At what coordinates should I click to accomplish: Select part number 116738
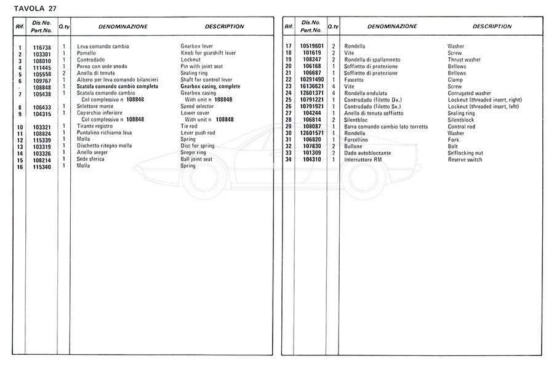(41, 47)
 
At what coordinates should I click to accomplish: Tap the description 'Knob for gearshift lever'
(208, 53)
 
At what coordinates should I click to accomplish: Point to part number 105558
(41, 74)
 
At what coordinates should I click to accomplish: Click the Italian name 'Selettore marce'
(95, 106)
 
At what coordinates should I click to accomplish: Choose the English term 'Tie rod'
(189, 127)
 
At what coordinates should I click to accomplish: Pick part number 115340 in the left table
(41, 166)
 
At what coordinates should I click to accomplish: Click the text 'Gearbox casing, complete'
(211, 87)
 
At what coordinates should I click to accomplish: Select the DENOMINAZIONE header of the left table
(122, 27)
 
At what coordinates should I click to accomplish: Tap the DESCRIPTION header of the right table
(492, 26)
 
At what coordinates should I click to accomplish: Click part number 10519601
(312, 47)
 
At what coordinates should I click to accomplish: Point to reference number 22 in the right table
(287, 80)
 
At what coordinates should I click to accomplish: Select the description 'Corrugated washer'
(469, 93)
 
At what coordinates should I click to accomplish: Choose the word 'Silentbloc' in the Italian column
(356, 120)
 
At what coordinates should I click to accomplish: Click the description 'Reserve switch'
(465, 160)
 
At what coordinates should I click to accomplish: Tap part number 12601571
(312, 133)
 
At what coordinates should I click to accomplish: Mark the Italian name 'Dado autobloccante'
(367, 153)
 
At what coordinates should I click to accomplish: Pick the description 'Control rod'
(461, 127)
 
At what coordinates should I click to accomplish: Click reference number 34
(287, 160)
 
